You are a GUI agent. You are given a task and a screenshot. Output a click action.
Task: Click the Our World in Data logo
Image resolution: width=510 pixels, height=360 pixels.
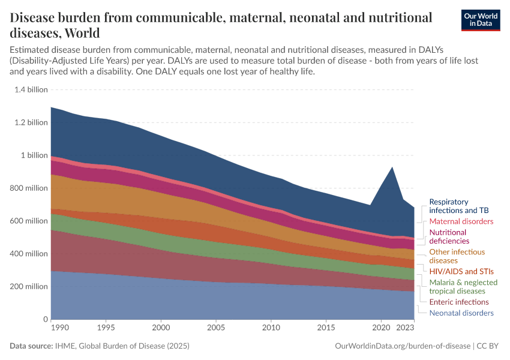coord(481,20)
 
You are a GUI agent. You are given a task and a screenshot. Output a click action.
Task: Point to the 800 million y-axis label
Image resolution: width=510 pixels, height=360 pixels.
coord(29,188)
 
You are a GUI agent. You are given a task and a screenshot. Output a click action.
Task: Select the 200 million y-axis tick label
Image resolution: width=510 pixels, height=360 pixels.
coord(29,287)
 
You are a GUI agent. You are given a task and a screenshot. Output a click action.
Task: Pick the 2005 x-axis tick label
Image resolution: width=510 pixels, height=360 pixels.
coord(216,328)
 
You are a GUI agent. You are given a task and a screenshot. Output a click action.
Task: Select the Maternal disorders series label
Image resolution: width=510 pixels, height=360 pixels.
coord(461,221)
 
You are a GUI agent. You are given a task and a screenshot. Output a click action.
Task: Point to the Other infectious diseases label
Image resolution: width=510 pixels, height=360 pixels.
coord(457,256)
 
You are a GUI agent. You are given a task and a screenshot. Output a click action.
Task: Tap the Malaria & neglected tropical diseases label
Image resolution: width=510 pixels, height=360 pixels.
coord(463,286)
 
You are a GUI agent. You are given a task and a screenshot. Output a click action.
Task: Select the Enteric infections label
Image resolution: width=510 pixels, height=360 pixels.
coord(459,302)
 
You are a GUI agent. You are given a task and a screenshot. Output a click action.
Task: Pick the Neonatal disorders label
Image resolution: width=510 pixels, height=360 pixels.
coord(461,313)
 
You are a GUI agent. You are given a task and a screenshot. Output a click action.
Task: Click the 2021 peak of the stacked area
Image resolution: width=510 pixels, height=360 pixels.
coord(392,167)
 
